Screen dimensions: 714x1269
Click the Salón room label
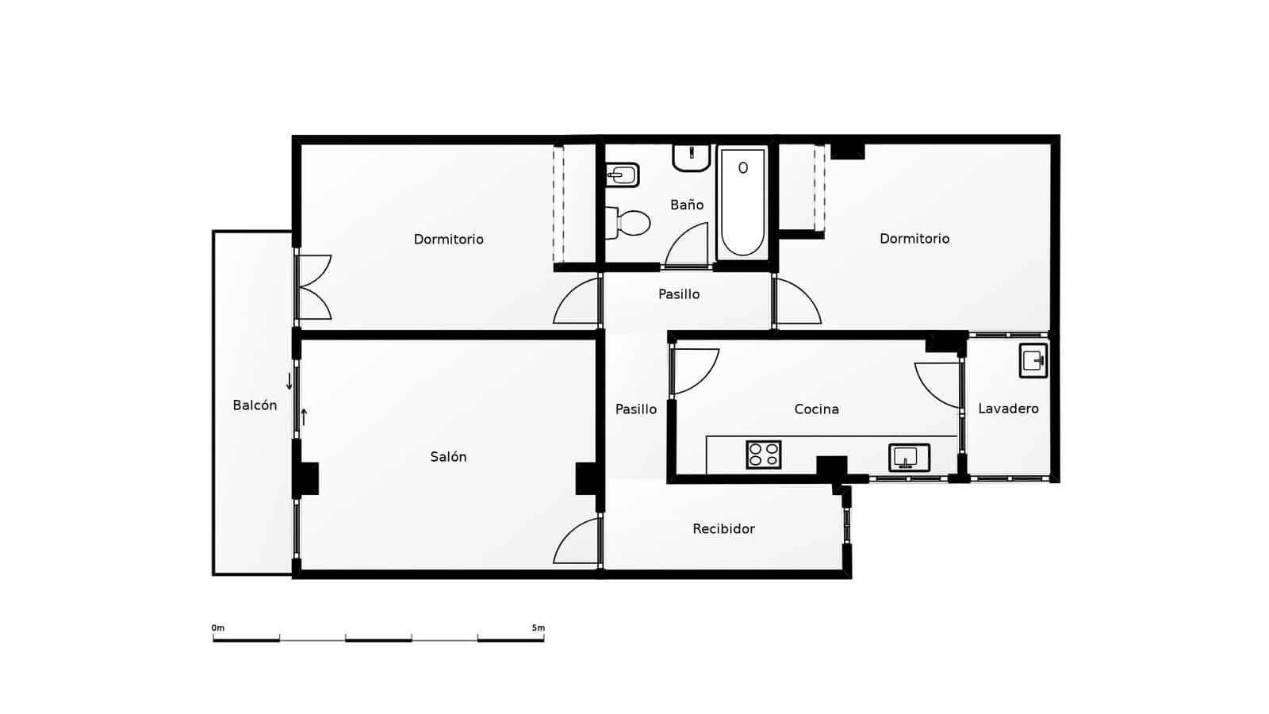point(448,457)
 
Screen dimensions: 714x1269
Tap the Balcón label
point(255,405)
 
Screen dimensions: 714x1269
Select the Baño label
point(687,205)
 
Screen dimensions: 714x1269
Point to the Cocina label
point(816,409)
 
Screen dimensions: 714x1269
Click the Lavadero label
point(1008,409)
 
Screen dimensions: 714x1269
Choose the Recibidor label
point(723,529)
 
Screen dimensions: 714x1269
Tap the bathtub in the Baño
point(742,202)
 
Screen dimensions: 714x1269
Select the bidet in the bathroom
point(623,175)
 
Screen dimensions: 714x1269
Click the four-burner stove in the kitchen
point(764,455)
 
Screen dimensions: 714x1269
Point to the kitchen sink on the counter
point(909,457)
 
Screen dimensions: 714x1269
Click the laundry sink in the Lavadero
point(1033,361)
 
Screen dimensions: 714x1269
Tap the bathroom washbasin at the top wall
point(692,157)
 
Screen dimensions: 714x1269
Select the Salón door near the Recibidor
point(577,542)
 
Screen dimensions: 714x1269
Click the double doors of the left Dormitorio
point(314,287)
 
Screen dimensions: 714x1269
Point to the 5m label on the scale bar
point(539,628)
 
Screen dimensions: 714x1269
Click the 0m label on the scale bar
point(218,628)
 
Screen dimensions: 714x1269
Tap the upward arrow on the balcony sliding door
point(304,416)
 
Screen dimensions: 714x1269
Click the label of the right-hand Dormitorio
point(914,239)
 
